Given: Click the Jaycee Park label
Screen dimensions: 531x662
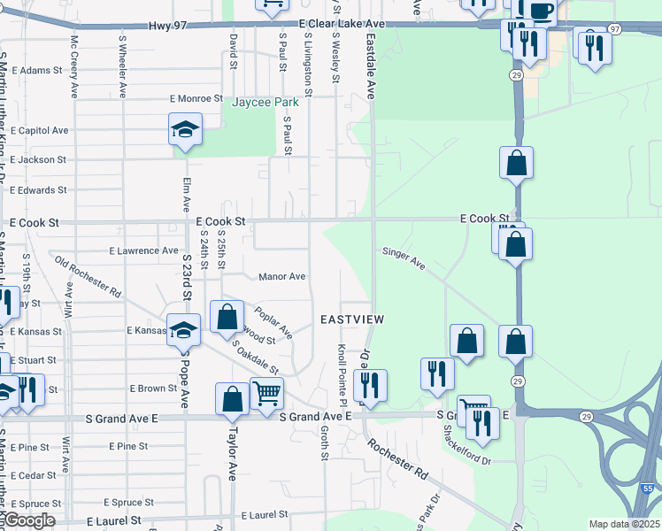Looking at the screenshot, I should pos(266,103).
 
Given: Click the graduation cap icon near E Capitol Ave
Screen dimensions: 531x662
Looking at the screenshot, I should pos(185,131).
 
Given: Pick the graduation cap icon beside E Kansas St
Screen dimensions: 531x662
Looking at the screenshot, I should pos(183,330).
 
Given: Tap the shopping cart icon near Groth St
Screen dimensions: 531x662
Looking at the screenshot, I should pos(266,392).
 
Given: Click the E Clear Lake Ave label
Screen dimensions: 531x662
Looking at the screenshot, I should pos(343,24).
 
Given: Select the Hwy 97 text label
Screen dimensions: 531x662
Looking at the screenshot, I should pos(167,27).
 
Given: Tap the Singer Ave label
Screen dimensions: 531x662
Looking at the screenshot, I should pos(404,258).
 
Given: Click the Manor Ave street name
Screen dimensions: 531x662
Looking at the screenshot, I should pos(281,277).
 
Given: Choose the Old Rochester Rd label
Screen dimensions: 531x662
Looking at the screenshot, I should pos(87,275).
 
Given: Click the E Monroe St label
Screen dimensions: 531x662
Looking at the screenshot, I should pos(196,98).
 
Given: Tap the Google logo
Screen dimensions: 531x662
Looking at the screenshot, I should pos(28,521).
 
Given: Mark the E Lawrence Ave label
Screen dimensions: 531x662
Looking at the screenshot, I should pos(143,251).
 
